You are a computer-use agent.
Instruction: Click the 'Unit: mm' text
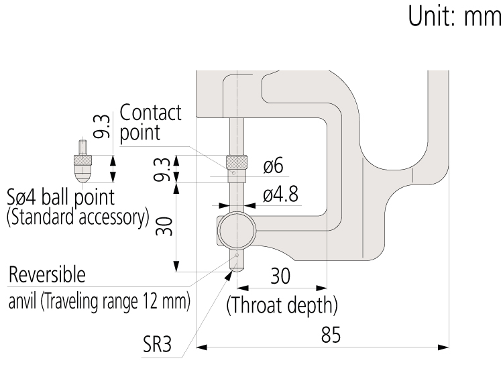click(x=455, y=16)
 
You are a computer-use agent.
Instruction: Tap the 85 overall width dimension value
click(x=331, y=335)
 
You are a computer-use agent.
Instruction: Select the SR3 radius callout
click(x=157, y=344)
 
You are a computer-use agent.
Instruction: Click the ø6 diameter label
click(x=274, y=166)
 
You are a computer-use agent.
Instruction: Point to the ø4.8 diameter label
click(x=280, y=194)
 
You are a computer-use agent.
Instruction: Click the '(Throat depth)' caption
click(x=282, y=305)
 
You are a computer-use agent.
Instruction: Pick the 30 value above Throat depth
click(x=280, y=276)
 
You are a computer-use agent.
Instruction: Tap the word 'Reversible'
click(x=47, y=275)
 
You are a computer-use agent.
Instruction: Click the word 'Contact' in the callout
click(x=150, y=112)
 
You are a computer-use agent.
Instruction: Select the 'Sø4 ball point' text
click(x=61, y=197)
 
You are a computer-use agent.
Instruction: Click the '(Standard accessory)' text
click(x=78, y=218)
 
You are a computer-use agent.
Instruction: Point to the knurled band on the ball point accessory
click(x=82, y=160)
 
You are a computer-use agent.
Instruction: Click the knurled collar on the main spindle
click(x=237, y=162)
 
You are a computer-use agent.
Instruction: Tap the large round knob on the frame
click(x=237, y=230)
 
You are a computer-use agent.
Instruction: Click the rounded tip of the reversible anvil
click(x=237, y=269)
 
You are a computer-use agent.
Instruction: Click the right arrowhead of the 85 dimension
click(x=443, y=347)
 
